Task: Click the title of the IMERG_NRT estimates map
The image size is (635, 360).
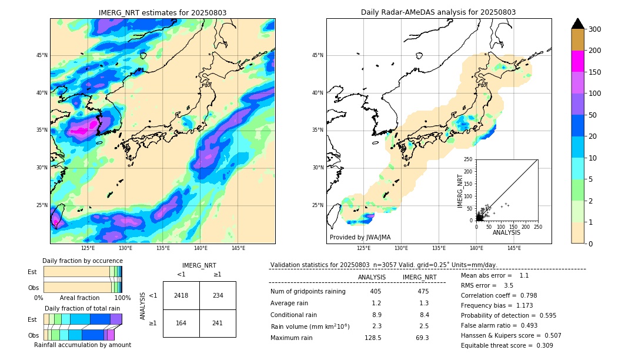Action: click(162, 12)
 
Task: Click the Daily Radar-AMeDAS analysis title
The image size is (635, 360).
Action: click(438, 12)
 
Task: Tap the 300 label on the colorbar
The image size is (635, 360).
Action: click(594, 29)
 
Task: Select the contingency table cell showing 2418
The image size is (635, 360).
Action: click(181, 295)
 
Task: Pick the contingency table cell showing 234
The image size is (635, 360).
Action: click(218, 295)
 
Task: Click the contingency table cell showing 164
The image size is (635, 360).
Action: click(181, 323)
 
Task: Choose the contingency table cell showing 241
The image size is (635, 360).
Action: click(218, 323)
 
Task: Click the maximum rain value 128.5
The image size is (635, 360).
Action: click(373, 338)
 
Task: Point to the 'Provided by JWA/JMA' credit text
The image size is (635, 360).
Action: click(360, 237)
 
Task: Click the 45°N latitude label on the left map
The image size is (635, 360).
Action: click(42, 55)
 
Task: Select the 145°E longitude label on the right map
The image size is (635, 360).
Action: click(514, 248)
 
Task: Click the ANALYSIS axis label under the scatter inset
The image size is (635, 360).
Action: click(507, 232)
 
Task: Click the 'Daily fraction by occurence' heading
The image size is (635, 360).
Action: click(82, 261)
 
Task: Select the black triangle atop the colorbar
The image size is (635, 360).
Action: click(578, 23)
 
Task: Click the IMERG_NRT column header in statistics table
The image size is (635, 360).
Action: click(419, 277)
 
